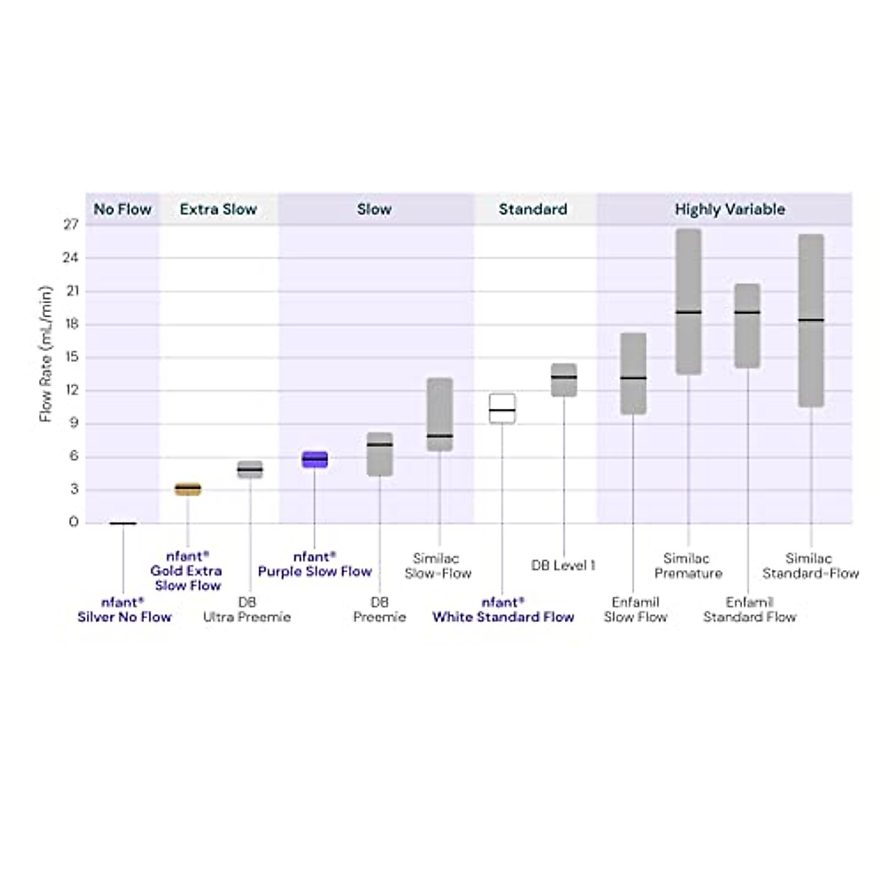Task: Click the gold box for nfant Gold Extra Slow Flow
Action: pyautogui.click(x=187, y=488)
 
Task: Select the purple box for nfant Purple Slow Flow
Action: pyautogui.click(x=315, y=459)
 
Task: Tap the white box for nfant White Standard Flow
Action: pyautogui.click(x=502, y=409)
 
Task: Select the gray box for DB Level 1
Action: pyautogui.click(x=564, y=380)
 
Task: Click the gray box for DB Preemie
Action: pyautogui.click(x=380, y=454)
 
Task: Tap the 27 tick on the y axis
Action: pyautogui.click(x=71, y=224)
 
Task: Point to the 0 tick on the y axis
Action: pyautogui.click(x=73, y=522)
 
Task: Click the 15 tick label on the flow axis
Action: pyautogui.click(x=71, y=357)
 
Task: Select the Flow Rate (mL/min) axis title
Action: pyautogui.click(x=46, y=354)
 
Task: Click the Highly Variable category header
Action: pyautogui.click(x=729, y=209)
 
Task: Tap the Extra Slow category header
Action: pyautogui.click(x=218, y=209)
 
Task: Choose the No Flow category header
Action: pyautogui.click(x=122, y=209)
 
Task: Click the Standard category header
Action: pyautogui.click(x=532, y=209)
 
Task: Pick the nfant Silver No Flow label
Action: pyautogui.click(x=124, y=610)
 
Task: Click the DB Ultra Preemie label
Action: pyautogui.click(x=247, y=610)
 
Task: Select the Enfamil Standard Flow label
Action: pyautogui.click(x=749, y=610)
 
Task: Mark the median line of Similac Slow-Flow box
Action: pyautogui.click(x=440, y=436)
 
